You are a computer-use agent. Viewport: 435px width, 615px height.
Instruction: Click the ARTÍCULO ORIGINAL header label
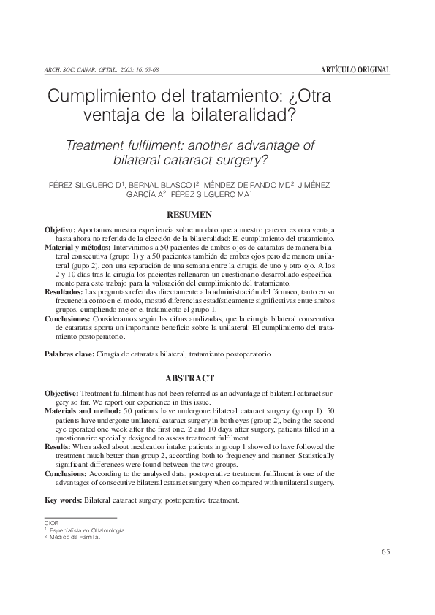coord(355,69)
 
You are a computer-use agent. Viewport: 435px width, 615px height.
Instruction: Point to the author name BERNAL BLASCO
coord(163,184)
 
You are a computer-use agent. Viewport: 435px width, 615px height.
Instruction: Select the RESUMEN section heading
coord(190,215)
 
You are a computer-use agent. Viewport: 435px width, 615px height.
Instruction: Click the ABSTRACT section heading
coord(190,378)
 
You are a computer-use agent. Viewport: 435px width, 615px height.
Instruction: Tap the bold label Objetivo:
coord(59,230)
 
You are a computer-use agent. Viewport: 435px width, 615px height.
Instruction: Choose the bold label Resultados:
coord(64,291)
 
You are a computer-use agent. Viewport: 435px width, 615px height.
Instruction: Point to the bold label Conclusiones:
coord(67,319)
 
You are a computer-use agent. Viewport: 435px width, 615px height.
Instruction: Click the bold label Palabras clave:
coord(70,354)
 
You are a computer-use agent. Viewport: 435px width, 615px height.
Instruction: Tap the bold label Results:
coord(57,447)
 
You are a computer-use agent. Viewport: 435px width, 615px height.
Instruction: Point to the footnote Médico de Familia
coord(74,538)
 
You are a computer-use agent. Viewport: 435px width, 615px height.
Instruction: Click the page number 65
coord(386,551)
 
